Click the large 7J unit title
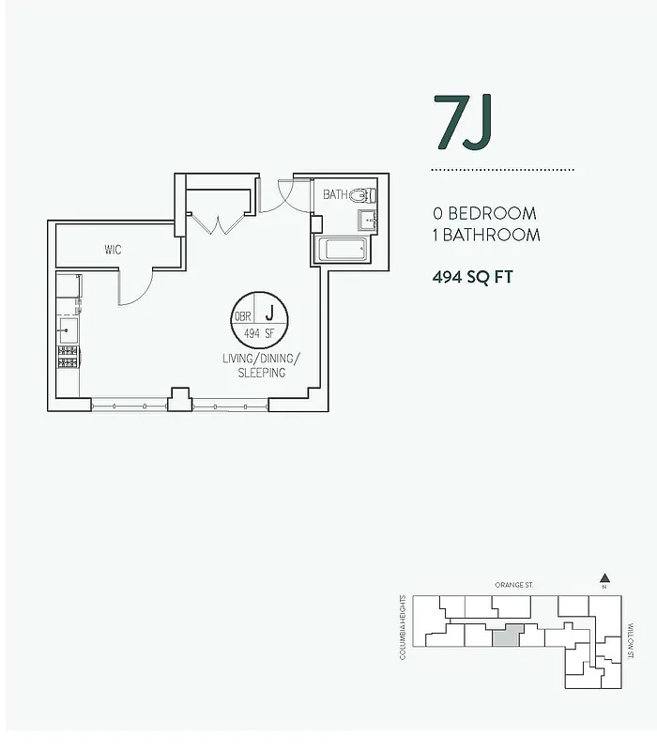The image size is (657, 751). click(463, 122)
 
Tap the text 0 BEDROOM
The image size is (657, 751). click(484, 214)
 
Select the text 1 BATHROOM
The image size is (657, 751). click(486, 235)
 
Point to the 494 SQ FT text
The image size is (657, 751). click(473, 277)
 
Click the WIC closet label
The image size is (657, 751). click(113, 251)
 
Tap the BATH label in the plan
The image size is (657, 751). click(334, 195)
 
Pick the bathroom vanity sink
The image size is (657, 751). click(366, 221)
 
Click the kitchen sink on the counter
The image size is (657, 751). click(69, 329)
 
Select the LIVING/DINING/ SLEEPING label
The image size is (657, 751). click(260, 366)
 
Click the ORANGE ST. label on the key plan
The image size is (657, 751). click(513, 585)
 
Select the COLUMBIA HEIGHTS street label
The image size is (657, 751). click(403, 627)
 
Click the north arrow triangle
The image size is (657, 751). click(605, 578)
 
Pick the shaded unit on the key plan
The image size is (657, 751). click(506, 636)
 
